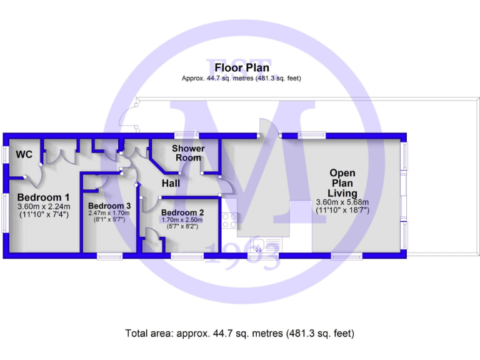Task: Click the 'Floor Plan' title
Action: [x=242, y=67]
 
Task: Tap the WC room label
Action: [x=24, y=154]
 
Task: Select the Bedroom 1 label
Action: [x=43, y=197]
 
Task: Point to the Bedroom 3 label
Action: [x=109, y=206]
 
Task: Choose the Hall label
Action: [x=171, y=184]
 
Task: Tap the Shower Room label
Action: [x=188, y=153]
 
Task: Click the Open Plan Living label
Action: [x=342, y=183]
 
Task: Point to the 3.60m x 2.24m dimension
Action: [x=44, y=207]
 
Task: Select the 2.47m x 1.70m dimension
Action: [x=109, y=213]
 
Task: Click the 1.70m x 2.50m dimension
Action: [x=182, y=220]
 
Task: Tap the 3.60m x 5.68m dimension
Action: [x=342, y=202]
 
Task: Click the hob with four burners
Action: [x=228, y=221]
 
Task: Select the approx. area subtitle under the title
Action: [x=241, y=79]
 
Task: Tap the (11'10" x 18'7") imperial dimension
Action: [x=342, y=211]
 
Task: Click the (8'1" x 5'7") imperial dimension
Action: [x=109, y=220]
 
